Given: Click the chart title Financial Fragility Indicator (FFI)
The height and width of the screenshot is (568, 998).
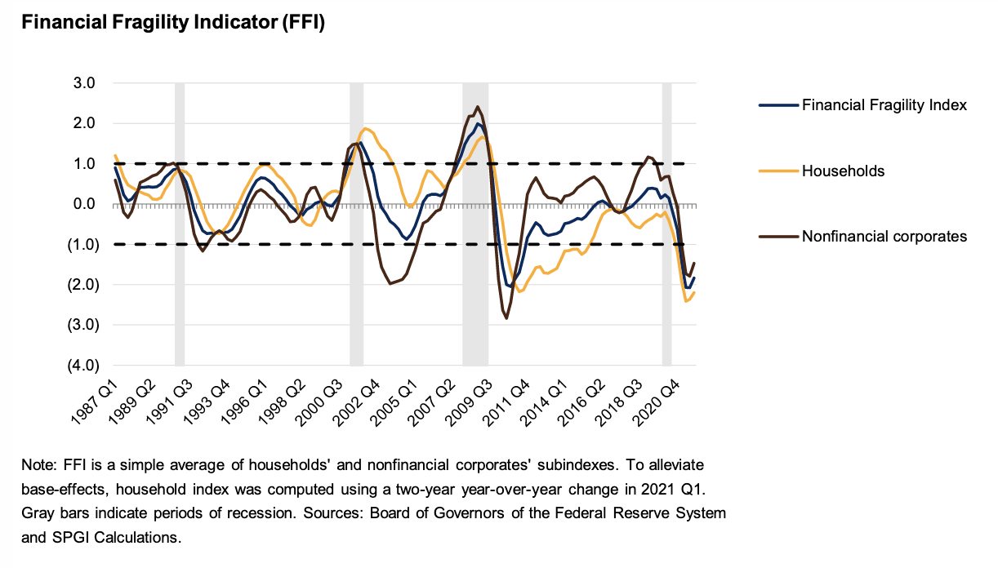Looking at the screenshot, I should [x=173, y=24].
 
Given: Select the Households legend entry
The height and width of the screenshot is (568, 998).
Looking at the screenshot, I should [x=843, y=171].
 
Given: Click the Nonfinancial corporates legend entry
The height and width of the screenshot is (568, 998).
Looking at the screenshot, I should [x=884, y=236].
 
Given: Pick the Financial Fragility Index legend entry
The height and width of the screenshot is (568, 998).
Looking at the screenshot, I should [x=884, y=105].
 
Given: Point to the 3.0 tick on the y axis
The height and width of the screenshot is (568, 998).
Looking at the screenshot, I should [x=85, y=83].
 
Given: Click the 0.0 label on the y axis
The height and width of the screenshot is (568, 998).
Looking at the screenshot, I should [x=85, y=204].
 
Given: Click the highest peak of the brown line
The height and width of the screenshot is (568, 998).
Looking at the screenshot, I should [x=478, y=108].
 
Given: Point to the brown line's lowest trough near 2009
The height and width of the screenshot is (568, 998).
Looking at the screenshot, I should [x=506, y=317].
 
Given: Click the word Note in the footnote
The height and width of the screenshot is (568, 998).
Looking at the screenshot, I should [x=38, y=464].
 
